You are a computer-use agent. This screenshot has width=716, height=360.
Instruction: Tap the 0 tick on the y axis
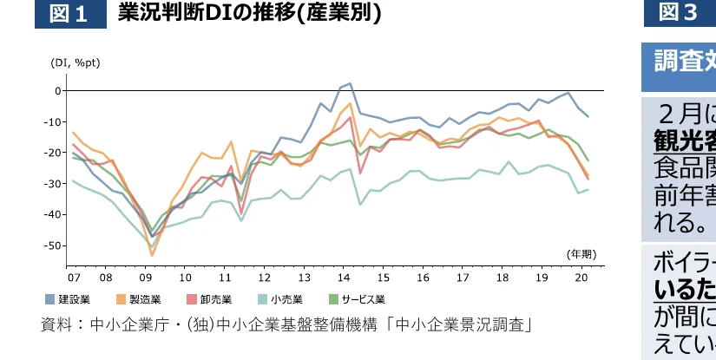(57, 90)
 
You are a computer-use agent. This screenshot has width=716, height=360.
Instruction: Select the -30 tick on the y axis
(53, 184)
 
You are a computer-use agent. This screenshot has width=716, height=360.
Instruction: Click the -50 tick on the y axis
(53, 245)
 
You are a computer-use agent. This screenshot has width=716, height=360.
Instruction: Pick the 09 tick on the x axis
(145, 278)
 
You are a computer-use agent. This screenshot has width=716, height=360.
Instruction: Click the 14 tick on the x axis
(345, 278)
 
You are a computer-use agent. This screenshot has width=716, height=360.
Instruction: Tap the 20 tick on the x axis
(582, 278)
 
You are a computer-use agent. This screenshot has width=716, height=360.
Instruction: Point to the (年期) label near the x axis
(581, 254)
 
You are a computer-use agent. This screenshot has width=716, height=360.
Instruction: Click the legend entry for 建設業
(69, 299)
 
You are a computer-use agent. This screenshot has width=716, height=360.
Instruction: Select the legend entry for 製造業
(140, 299)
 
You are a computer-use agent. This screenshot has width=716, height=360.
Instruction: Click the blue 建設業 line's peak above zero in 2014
(350, 84)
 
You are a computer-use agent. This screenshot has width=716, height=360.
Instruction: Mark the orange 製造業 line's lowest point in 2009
(152, 255)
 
